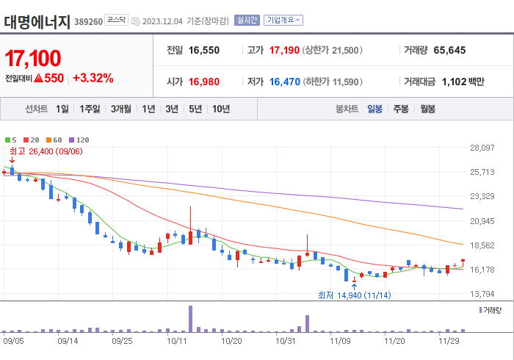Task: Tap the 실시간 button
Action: [246, 21]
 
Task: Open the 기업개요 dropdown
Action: [282, 21]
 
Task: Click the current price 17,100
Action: [33, 58]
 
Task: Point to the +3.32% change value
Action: [93, 78]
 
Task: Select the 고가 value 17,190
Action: [285, 50]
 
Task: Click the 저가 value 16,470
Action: [284, 82]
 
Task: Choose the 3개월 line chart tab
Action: [121, 109]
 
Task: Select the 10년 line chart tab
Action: [220, 109]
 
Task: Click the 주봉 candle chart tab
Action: [400, 109]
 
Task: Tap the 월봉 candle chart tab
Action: [427, 109]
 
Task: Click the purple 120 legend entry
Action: [79, 140]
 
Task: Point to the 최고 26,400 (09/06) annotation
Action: [46, 151]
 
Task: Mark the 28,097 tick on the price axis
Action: [482, 148]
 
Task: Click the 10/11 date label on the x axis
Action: [176, 341]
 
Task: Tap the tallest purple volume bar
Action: [190, 318]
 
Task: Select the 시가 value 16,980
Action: [204, 82]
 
